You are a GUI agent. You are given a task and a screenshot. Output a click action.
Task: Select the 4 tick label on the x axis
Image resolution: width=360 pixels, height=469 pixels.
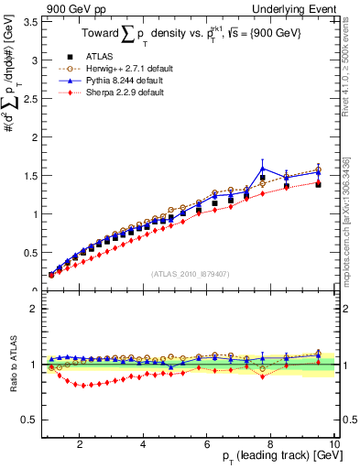[144, 444]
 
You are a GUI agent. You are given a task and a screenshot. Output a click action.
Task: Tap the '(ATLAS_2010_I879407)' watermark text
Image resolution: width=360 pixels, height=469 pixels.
[191, 273]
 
